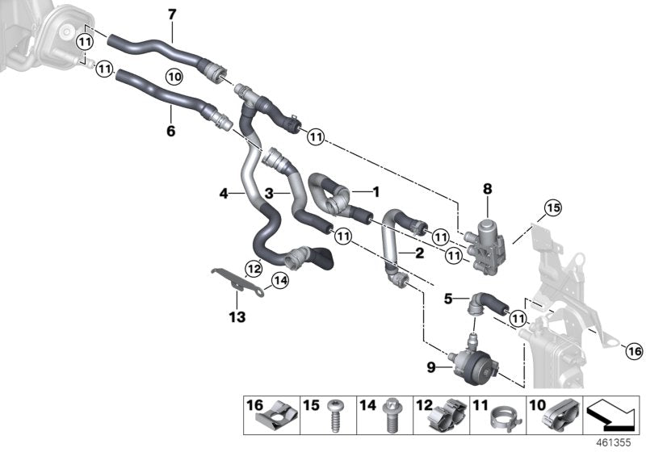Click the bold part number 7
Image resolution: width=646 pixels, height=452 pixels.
click(170, 14)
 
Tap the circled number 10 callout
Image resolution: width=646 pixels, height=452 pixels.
click(175, 76)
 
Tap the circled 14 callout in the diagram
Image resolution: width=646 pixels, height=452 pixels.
click(279, 281)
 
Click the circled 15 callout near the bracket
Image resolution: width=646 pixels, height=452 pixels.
click(552, 207)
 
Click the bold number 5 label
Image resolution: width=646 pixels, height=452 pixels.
click(449, 299)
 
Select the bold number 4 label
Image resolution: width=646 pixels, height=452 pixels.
click(224, 194)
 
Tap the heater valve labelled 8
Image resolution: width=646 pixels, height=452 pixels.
click(488, 234)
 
